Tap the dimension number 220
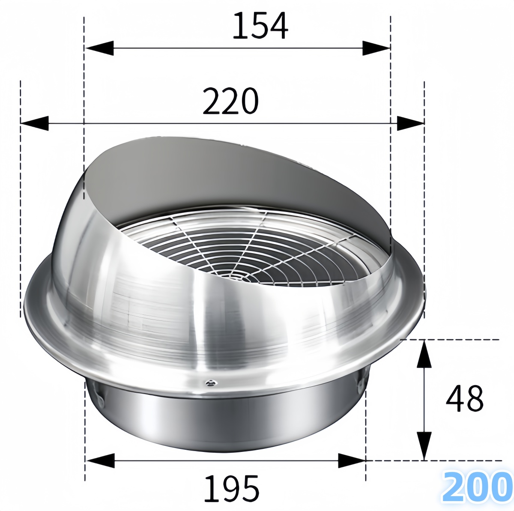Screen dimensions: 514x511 [x=231, y=101]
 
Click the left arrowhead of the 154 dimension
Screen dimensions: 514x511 [x=99, y=48]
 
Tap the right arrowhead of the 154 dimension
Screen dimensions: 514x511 [x=377, y=48]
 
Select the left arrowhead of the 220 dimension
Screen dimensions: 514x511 [x=34, y=123]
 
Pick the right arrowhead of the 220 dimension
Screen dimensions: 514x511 [x=410, y=123]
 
